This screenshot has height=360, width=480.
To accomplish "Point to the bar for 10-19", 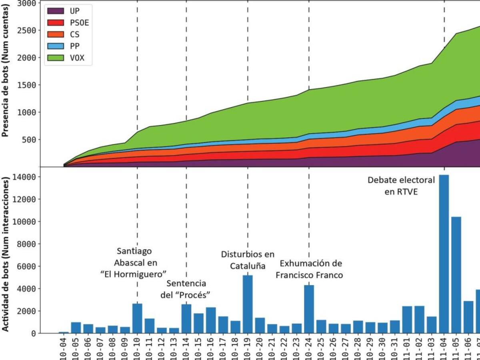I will pos(248,304).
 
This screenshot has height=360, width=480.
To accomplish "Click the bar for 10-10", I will pos(137,318).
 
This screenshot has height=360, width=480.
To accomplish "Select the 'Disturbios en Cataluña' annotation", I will pos(248,260).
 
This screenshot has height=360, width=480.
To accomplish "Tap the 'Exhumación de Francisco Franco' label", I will pos(311,269).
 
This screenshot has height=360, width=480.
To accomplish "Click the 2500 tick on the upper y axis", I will pos(28,30).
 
